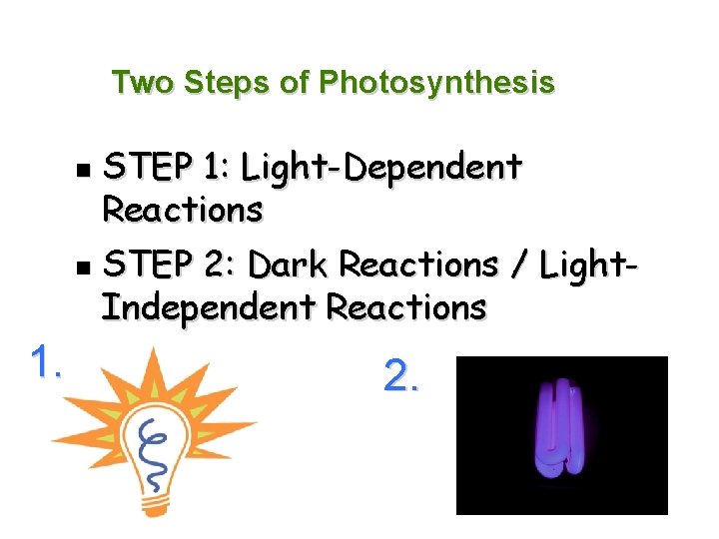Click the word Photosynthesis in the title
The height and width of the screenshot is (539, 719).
tap(436, 82)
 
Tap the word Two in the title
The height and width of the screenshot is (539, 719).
tap(142, 82)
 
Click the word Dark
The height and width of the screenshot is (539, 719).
tap(290, 266)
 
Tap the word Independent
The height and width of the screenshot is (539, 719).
tap(210, 307)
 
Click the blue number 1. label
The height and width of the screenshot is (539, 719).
tap(46, 361)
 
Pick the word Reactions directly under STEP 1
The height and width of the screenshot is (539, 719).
tap(183, 210)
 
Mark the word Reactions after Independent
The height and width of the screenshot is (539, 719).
tap(406, 307)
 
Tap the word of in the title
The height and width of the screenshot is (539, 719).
tap(295, 82)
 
